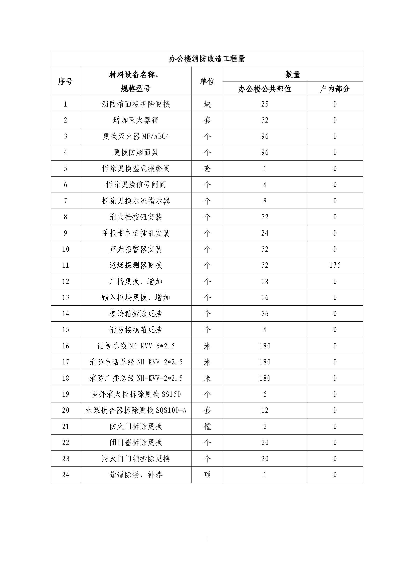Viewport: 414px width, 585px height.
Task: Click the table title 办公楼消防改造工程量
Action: pyautogui.click(x=207, y=59)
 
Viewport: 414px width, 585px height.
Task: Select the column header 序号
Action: pyautogui.click(x=65, y=82)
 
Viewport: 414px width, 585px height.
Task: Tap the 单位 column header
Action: pyautogui.click(x=207, y=82)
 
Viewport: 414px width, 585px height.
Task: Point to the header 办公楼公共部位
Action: pyautogui.click(x=265, y=89)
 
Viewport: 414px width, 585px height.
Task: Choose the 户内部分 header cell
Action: pyautogui.click(x=335, y=89)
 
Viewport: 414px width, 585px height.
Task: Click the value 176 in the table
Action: pyautogui.click(x=335, y=265)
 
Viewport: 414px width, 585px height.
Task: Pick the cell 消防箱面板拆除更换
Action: pyautogui.click(x=136, y=104)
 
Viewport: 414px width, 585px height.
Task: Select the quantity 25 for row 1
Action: pyautogui.click(x=265, y=104)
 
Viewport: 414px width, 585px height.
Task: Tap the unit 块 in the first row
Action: pyautogui.click(x=207, y=104)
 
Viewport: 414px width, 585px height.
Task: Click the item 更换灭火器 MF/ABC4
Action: pyautogui.click(x=136, y=136)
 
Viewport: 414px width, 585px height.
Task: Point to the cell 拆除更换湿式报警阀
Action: pyautogui.click(x=136, y=168)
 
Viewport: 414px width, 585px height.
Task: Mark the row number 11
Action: pyautogui.click(x=66, y=265)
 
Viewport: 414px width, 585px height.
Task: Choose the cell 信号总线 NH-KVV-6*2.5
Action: pyautogui.click(x=136, y=346)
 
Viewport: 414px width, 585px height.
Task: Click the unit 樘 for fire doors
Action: pyautogui.click(x=207, y=426)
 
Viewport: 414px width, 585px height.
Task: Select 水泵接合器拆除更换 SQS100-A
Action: pyautogui.click(x=136, y=410)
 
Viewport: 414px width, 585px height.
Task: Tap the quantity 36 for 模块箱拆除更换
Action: pyautogui.click(x=265, y=314)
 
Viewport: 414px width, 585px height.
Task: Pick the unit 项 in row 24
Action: pyautogui.click(x=207, y=475)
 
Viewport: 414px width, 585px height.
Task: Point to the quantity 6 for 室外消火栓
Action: pyautogui.click(x=265, y=394)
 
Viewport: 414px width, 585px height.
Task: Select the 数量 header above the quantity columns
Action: pyautogui.click(x=293, y=74)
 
